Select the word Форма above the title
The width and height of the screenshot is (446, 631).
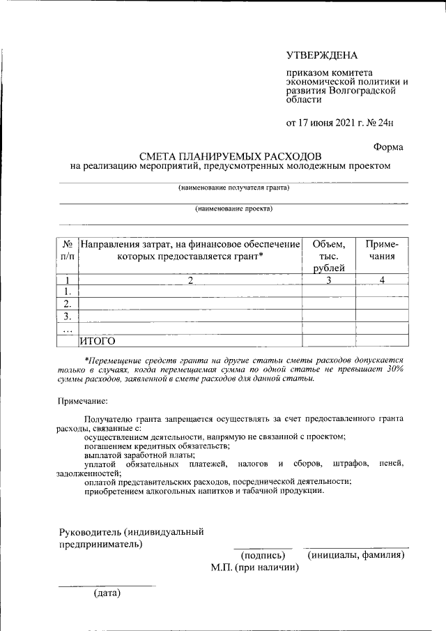[387, 147]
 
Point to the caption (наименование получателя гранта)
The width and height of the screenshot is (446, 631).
[233, 188]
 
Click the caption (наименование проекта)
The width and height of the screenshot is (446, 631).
[233, 208]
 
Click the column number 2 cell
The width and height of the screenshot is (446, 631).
[190, 280]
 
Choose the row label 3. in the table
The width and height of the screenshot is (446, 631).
[68, 316]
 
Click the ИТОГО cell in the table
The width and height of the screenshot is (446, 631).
[97, 341]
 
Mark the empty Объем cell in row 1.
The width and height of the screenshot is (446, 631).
[328, 292]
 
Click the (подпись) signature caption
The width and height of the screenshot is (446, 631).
[263, 555]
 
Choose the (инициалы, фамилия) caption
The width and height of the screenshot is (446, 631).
[356, 555]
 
